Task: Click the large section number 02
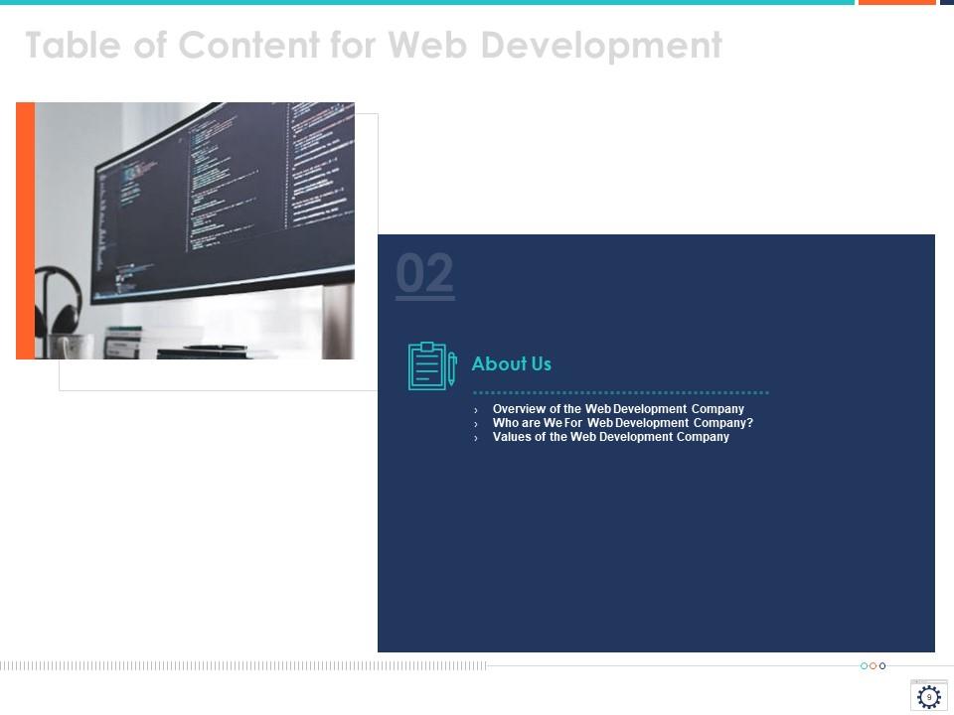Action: pos(425,275)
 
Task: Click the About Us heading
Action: pos(511,364)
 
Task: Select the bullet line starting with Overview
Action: pos(618,409)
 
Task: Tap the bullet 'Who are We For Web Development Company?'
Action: pos(623,423)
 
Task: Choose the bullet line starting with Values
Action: pos(610,437)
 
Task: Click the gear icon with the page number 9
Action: pos(928,697)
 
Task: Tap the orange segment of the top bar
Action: pos(896,3)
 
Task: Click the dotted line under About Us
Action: pos(620,393)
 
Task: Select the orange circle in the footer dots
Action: pos(874,666)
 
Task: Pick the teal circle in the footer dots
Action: pos(865,666)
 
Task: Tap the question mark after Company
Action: pos(750,423)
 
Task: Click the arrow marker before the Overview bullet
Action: pos(476,410)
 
